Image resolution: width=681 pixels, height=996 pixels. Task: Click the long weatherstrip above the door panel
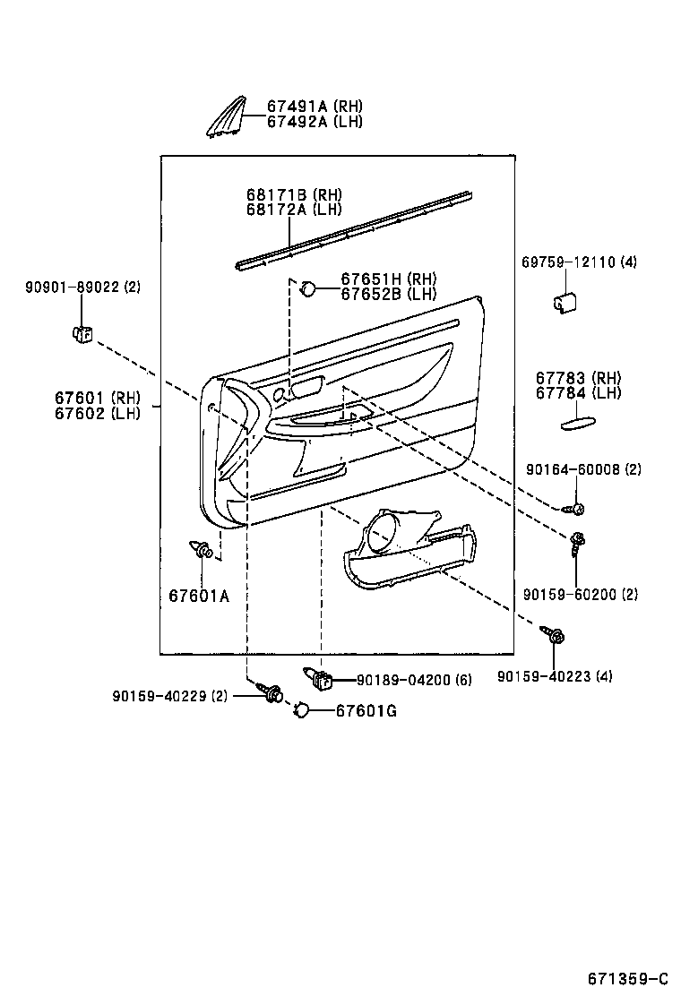coord(354,229)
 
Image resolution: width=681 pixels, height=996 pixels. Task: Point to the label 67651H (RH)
coord(388,279)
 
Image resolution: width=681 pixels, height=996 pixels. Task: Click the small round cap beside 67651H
coord(306,288)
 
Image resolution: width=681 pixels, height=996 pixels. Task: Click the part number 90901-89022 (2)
coord(82,287)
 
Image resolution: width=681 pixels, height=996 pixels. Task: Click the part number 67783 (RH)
coord(578,378)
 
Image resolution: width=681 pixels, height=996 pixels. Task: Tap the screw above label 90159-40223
coord(555,637)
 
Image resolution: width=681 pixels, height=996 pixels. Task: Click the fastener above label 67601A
coord(202,548)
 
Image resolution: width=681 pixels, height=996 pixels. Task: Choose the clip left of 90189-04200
coord(320,680)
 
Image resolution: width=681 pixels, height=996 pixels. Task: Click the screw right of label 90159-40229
coord(272,692)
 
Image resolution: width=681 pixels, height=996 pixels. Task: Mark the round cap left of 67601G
coord(302,709)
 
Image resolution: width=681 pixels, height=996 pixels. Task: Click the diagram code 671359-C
coord(628,977)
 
